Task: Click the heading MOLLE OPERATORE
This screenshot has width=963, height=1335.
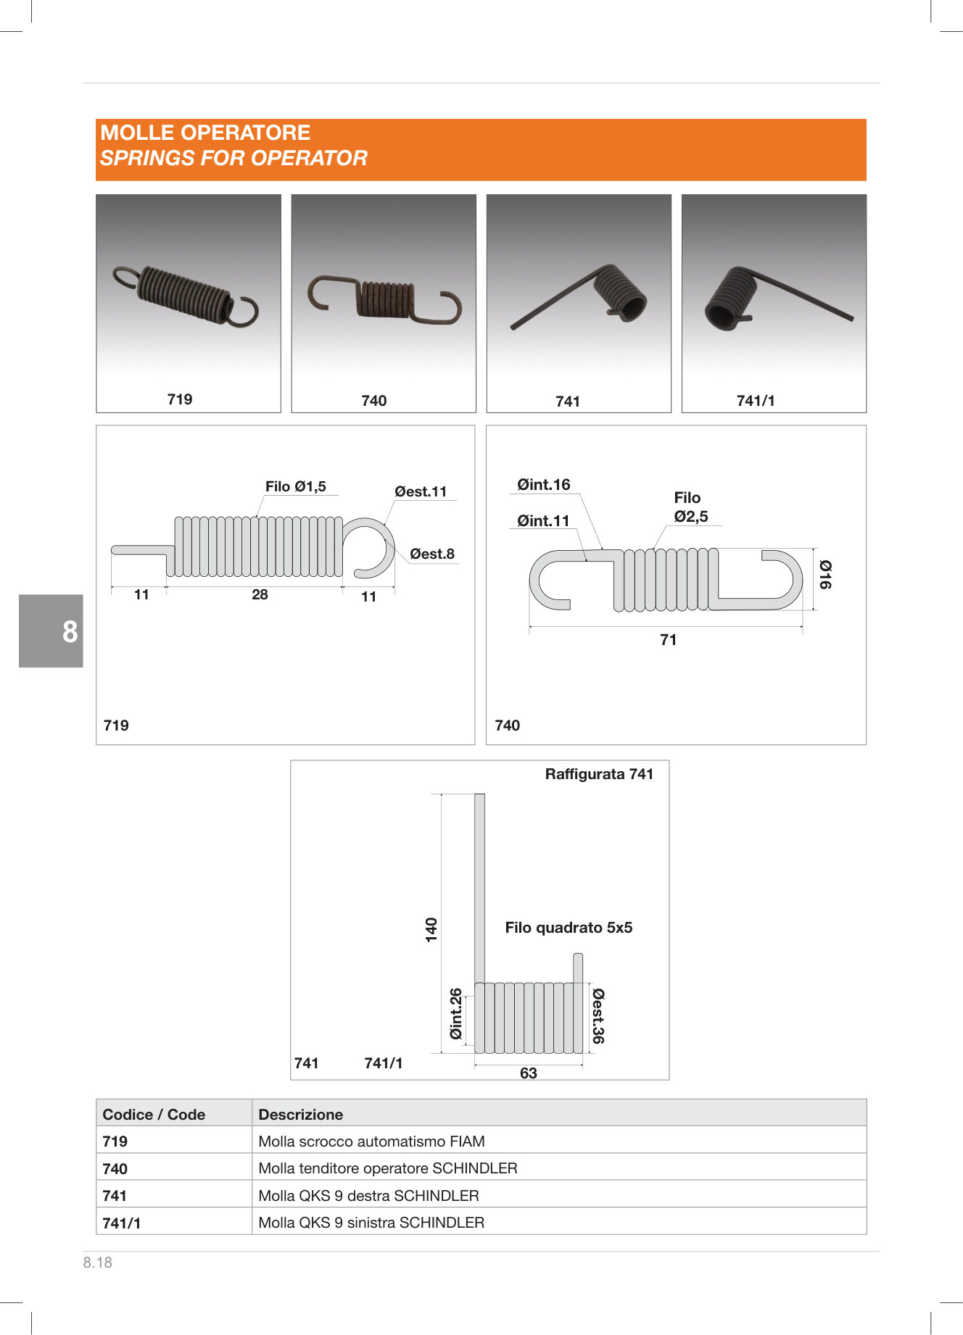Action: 205,133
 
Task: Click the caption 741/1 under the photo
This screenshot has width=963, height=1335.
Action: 756,401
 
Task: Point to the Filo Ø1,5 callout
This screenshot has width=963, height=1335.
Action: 296,486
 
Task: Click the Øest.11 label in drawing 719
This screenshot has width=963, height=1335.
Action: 421,491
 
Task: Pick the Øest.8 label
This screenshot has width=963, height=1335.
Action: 432,554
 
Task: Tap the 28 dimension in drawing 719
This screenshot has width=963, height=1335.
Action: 260,594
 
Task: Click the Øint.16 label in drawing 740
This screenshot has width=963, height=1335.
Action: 544,485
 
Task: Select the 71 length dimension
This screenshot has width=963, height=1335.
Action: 669,640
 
